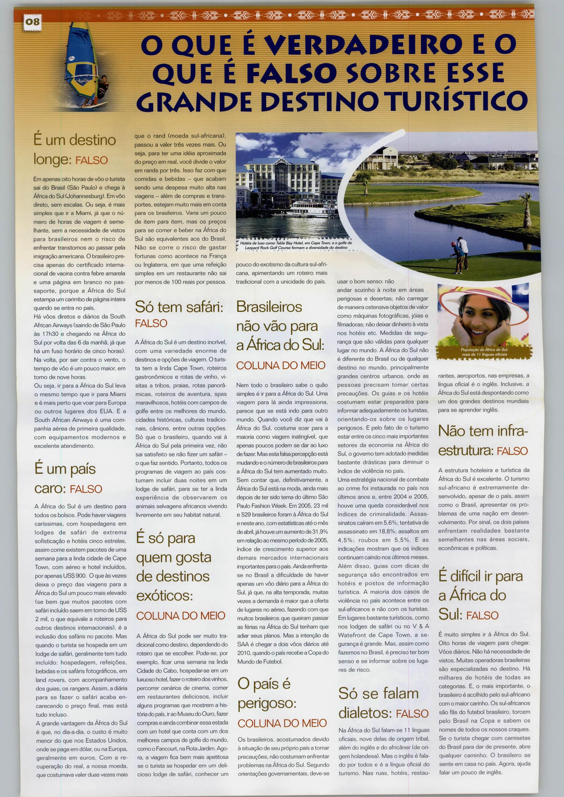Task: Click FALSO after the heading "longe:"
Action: tap(92, 161)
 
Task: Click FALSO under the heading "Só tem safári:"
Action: tap(151, 323)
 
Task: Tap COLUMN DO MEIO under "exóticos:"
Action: tap(181, 616)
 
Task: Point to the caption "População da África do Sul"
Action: tap(484, 351)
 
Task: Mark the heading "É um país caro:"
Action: tap(68, 479)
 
